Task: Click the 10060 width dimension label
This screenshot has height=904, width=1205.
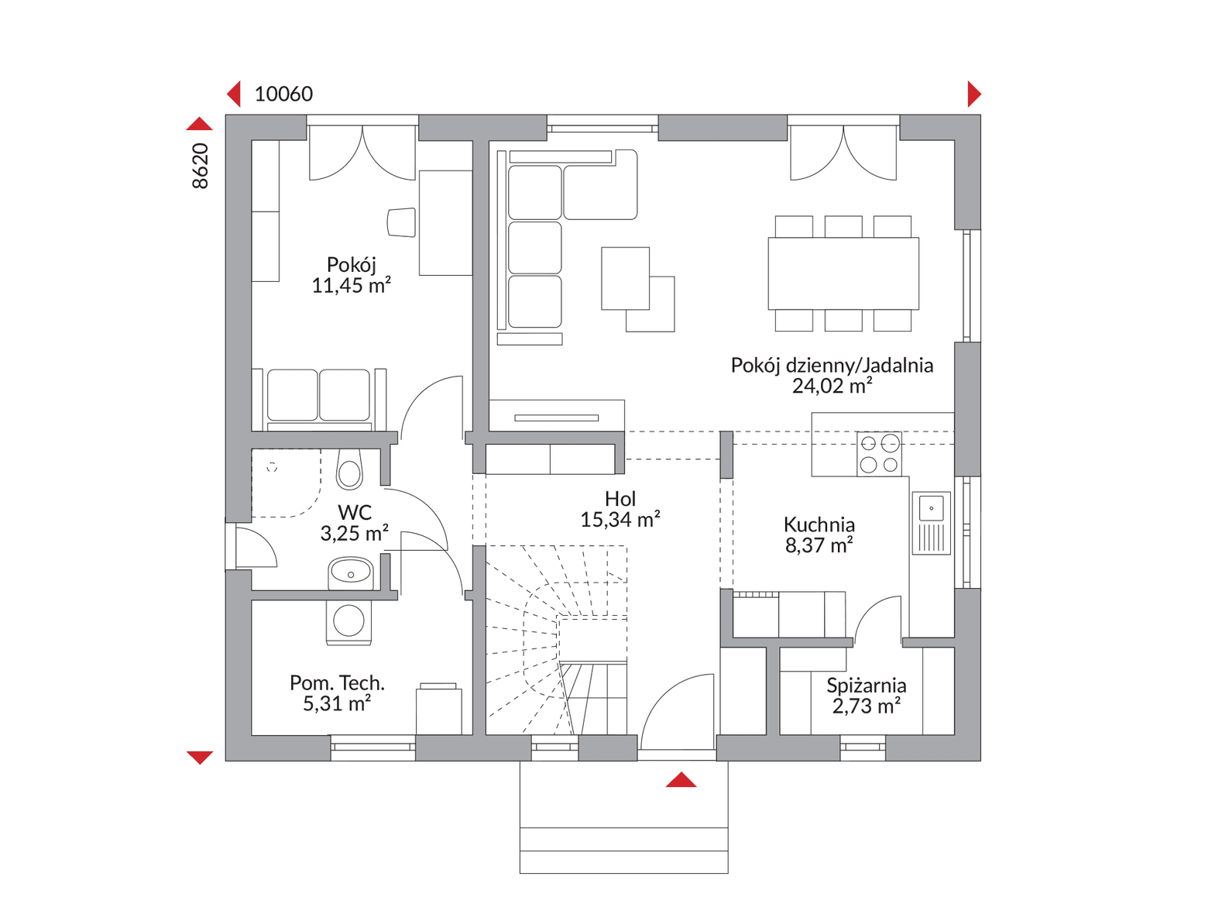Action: coord(283,95)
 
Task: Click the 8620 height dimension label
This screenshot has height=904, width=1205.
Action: coord(201,166)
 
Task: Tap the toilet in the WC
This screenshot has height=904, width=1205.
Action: coord(349,469)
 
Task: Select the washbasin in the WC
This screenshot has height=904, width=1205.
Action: coord(351,573)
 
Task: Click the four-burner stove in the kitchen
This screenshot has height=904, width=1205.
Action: coord(879,453)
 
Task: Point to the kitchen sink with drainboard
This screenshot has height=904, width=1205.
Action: coord(931,523)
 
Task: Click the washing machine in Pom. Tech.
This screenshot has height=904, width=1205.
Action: coord(348,622)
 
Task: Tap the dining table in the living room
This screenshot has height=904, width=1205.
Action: coord(843,273)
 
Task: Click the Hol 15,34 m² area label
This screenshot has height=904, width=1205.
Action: coord(620,509)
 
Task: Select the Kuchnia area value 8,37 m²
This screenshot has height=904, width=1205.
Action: coord(819,545)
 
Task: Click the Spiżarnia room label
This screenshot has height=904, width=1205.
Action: coord(866,685)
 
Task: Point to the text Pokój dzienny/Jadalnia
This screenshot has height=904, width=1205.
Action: coord(832,365)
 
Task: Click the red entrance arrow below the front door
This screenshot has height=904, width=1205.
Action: coord(681,779)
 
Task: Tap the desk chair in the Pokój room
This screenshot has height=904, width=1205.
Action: coord(401,222)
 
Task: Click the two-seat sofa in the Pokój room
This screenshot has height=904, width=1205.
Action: coord(319,400)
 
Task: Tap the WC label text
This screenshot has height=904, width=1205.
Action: coord(355,513)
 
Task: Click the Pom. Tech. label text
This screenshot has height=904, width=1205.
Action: coord(337,682)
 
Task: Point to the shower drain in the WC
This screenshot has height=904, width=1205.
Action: coord(272,468)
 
